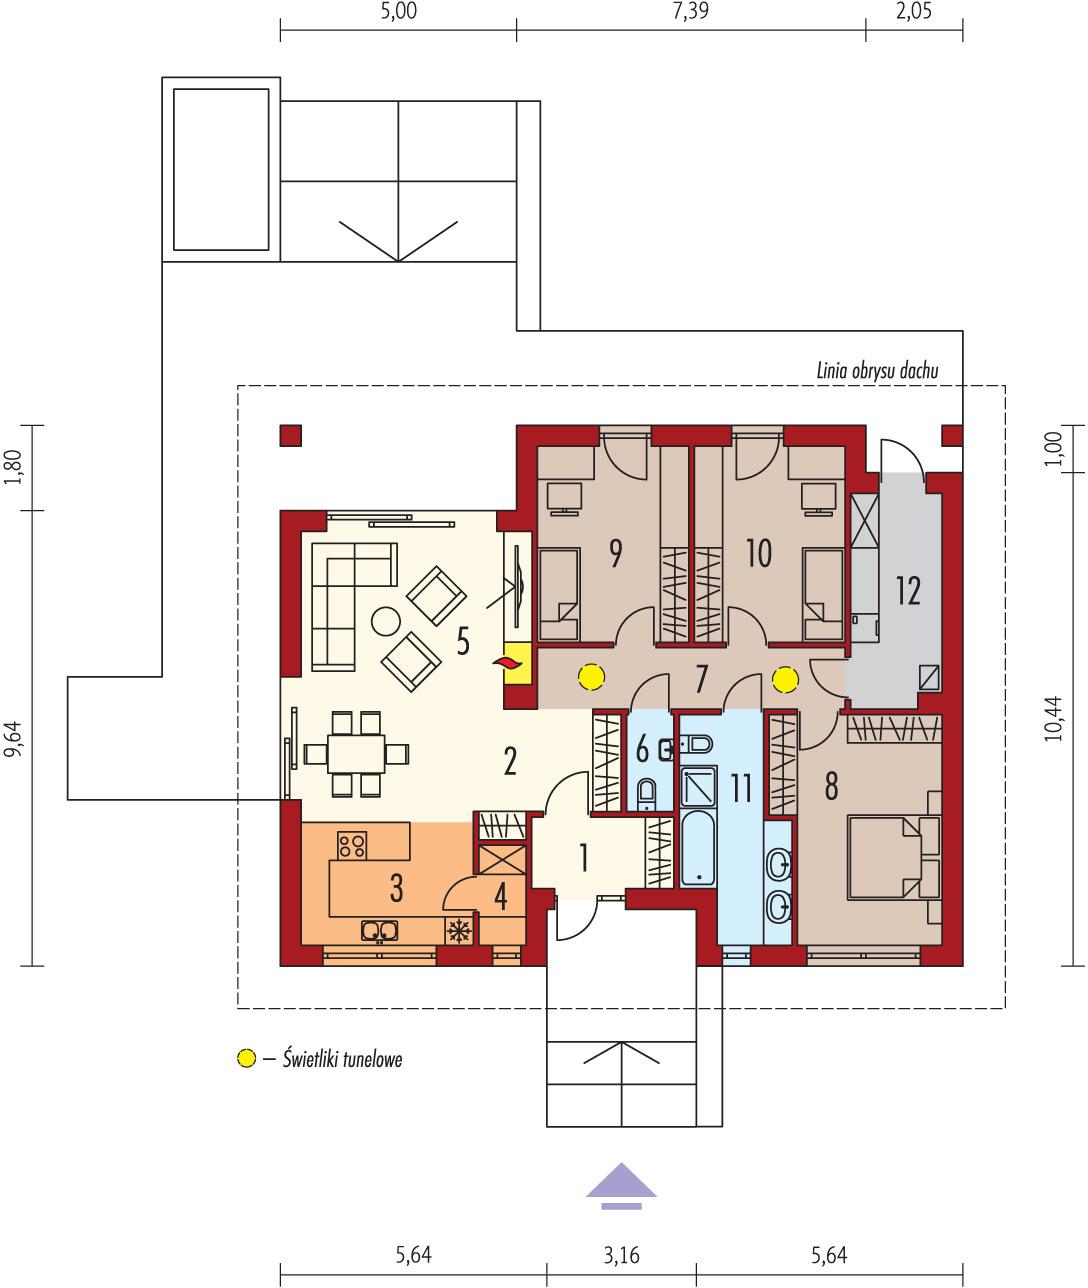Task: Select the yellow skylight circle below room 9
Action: tap(592, 678)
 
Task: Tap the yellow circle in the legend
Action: tap(246, 1057)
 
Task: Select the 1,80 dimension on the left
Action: tap(13, 467)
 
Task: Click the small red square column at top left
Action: tap(290, 435)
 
